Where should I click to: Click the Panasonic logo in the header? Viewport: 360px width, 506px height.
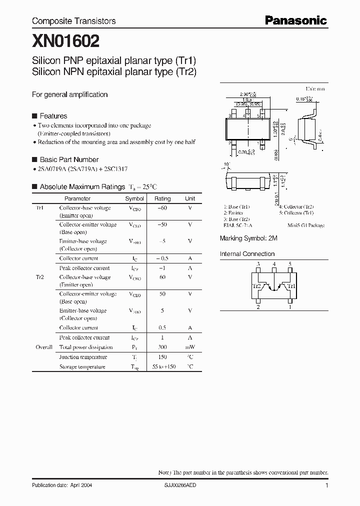[295, 20]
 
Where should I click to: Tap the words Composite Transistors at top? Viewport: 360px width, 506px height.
[73, 21]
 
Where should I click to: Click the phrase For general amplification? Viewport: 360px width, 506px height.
[69, 94]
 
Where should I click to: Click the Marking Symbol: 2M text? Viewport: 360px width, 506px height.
[248, 238]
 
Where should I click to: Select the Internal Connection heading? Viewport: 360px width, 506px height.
[247, 253]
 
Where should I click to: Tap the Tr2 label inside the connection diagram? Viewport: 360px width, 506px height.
[256, 286]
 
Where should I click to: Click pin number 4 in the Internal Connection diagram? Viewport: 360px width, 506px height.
[273, 264]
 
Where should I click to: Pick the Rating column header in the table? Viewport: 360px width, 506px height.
[162, 198]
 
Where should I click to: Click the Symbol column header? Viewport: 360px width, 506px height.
[134, 198]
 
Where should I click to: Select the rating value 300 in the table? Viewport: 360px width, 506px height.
[162, 347]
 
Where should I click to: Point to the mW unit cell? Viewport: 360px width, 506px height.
[190, 347]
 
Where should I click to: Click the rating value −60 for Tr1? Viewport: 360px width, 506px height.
[162, 208]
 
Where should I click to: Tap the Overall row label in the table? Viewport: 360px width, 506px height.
[44, 347]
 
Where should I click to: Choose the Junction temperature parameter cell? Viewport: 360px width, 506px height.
[83, 357]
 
